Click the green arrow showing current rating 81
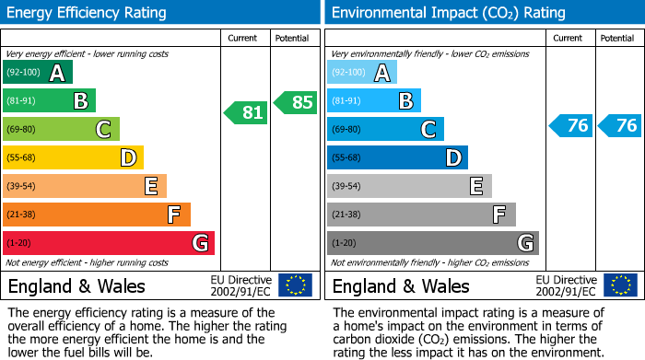coord(246,112)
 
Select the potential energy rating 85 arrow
coord(296,102)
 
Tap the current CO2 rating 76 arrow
coord(570,126)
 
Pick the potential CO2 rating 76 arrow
coord(620,126)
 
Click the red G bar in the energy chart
coord(109,243)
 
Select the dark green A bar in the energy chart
coord(38,72)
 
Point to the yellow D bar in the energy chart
coord(74,157)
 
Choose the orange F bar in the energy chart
coord(97,215)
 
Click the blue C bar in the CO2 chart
coord(385,129)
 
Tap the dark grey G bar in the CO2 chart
coord(432,243)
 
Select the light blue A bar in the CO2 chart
coord(362,72)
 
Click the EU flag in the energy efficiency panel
coord(295,285)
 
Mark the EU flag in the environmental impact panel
coord(620,285)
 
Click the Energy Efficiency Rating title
coord(88,13)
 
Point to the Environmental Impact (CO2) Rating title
coord(448,13)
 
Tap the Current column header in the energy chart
coord(244,38)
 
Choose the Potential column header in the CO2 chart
coord(616,38)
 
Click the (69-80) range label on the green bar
coord(21,129)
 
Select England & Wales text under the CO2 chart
coord(401,285)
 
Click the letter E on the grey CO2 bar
coord(475,186)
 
